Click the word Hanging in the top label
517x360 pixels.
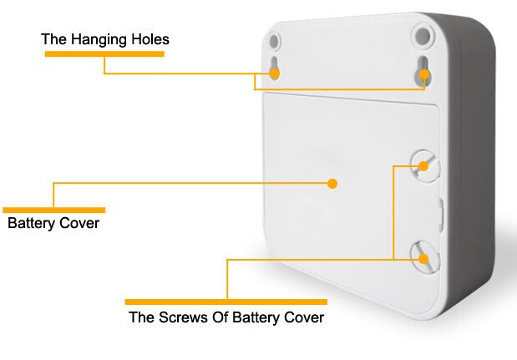[99, 40]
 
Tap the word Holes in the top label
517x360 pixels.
[150, 39]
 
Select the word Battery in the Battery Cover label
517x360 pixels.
[32, 224]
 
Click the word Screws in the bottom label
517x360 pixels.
[183, 317]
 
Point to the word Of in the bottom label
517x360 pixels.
[220, 317]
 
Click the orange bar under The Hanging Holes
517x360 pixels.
[104, 54]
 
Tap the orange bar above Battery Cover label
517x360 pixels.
[53, 210]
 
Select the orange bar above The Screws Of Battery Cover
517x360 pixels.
[226, 302]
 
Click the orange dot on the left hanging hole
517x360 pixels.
[274, 74]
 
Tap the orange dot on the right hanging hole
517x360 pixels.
[424, 75]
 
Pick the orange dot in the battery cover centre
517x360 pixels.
[332, 184]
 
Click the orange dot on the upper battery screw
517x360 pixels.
[423, 166]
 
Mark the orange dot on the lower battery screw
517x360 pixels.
[423, 259]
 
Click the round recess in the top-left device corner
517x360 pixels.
[274, 42]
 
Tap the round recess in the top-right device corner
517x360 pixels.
[423, 36]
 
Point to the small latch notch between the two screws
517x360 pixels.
[441, 215]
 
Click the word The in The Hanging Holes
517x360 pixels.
[54, 39]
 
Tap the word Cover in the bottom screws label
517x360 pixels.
[304, 317]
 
